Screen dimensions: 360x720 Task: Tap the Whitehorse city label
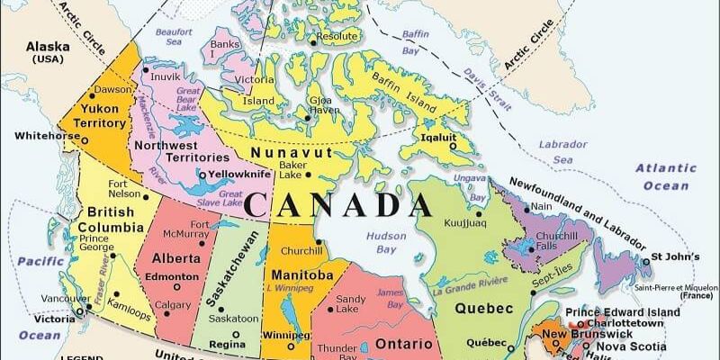tap(45, 136)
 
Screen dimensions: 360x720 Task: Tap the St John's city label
tap(676, 255)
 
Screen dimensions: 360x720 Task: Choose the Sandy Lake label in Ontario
tap(350, 303)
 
